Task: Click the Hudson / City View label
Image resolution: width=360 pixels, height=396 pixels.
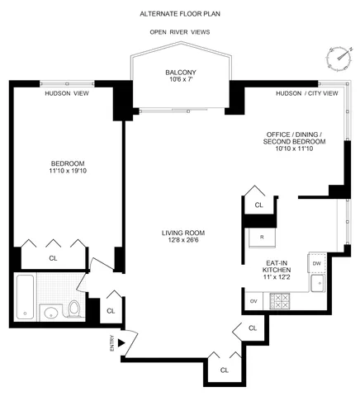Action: coord(307,93)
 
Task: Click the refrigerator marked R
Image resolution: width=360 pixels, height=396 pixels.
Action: coord(260,237)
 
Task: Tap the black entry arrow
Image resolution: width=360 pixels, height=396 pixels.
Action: coord(121,341)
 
